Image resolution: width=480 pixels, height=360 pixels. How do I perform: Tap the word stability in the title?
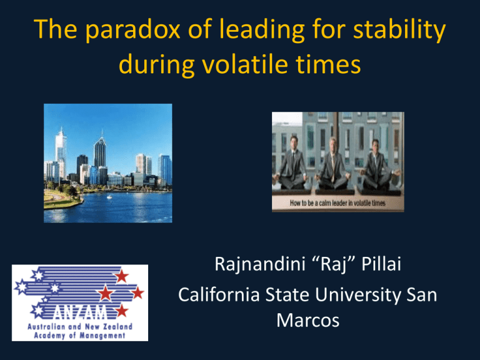399,30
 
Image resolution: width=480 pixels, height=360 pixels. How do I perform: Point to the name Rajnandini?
260,264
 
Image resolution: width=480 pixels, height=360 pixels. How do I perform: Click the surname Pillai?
381,264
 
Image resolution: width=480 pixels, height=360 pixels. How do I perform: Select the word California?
219,294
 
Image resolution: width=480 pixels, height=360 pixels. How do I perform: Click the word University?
357,295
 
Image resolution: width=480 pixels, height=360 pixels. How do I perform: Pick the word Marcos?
308,320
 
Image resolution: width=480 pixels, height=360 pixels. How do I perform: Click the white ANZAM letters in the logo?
80,312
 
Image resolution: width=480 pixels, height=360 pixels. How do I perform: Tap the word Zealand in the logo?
117,327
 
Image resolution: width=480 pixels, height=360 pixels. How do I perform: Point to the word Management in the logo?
102,336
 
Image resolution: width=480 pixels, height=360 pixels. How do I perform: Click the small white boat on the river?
109,197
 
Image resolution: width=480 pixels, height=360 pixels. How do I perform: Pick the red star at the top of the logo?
122,276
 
